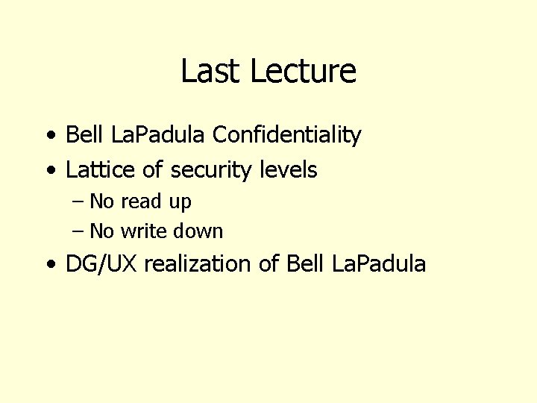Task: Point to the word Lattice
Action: point(101,170)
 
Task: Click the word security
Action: point(212,171)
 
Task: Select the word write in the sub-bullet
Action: point(145,231)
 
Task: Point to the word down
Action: point(198,231)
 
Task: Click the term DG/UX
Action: point(101,263)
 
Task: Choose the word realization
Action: point(198,263)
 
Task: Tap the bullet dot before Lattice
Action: point(49,171)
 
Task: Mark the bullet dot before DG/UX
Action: point(49,264)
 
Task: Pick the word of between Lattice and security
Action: point(152,170)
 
